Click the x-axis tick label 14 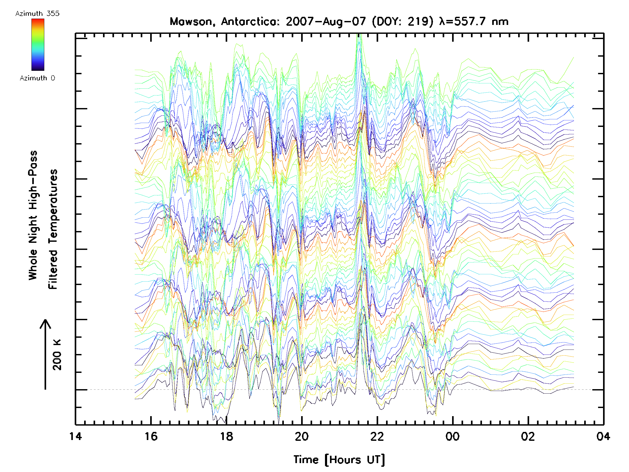75,436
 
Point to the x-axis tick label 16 151,436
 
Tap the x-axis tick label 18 226,436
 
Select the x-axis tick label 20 302,436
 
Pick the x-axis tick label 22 377,436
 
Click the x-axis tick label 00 452,436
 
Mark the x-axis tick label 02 528,436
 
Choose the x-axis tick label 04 603,436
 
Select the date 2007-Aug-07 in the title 326,22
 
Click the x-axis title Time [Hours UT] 339,460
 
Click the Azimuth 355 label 37,13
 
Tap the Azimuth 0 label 37,78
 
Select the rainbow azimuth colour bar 38,45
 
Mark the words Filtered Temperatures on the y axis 53,229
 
